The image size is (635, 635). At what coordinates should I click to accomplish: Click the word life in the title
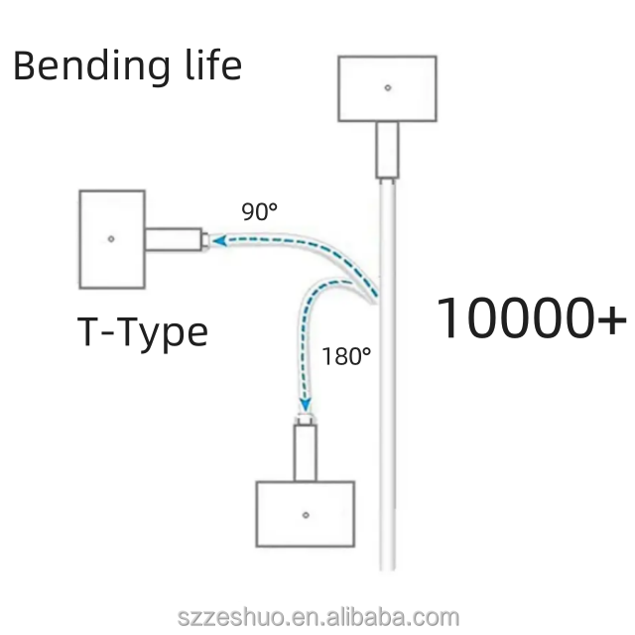click(212, 65)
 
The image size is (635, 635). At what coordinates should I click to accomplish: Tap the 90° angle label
click(260, 211)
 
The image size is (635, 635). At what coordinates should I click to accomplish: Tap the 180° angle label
click(346, 355)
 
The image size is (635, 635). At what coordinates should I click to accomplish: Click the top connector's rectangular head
click(387, 87)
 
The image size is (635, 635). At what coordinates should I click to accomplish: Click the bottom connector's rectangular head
click(305, 513)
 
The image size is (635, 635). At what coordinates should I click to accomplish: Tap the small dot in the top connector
click(387, 87)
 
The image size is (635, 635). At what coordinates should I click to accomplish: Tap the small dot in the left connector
click(111, 238)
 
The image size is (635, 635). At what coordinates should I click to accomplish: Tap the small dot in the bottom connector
click(306, 514)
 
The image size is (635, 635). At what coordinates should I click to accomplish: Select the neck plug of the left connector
click(175, 238)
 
